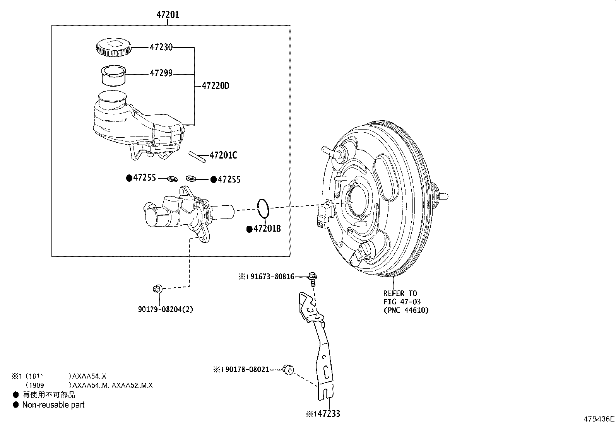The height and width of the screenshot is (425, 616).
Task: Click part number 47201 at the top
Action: [x=168, y=15]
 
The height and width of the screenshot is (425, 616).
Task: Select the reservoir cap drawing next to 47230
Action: [x=113, y=47]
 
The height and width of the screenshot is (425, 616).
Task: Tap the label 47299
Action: [x=161, y=73]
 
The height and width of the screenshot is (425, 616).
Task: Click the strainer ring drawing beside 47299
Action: [x=114, y=75]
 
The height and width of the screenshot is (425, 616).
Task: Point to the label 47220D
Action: [x=216, y=86]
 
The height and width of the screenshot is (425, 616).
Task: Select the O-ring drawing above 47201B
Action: [x=263, y=208]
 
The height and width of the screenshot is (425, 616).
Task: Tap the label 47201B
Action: [x=267, y=229]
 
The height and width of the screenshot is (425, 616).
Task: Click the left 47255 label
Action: [x=144, y=178]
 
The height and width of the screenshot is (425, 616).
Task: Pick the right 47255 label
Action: [x=229, y=179]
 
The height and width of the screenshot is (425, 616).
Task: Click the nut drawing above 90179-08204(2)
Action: [x=157, y=288]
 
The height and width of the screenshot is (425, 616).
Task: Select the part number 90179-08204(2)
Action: [x=165, y=309]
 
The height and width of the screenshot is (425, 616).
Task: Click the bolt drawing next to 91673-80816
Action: [x=313, y=277]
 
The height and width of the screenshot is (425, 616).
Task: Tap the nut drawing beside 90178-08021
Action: [x=287, y=369]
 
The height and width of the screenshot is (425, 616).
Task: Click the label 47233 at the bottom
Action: [x=327, y=414]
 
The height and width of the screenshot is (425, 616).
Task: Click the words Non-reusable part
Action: [x=53, y=405]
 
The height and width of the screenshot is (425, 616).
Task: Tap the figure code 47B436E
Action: [x=599, y=419]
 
